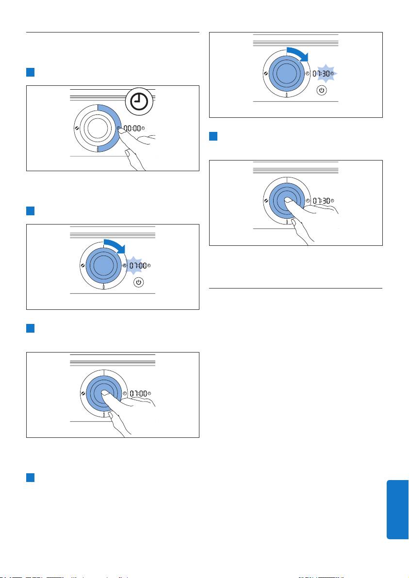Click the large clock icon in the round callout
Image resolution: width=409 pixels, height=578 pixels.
[139, 102]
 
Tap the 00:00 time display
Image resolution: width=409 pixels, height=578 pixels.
[132, 128]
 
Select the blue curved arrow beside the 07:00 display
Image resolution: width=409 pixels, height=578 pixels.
[115, 246]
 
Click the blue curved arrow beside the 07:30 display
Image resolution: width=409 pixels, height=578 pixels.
[297, 54]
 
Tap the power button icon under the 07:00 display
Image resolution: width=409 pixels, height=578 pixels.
[139, 282]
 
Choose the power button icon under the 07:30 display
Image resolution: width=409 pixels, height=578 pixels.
[322, 90]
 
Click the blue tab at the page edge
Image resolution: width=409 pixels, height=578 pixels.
[397, 510]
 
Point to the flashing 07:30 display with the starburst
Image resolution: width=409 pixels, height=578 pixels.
[323, 74]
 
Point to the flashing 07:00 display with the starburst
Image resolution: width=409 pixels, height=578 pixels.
[138, 265]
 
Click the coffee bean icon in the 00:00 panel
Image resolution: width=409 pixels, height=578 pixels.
[76, 128]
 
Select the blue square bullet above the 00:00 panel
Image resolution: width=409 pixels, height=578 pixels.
[30, 72]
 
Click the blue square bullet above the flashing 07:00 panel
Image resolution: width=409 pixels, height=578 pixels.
[30, 211]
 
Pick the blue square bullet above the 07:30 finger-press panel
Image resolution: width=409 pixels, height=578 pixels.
[213, 136]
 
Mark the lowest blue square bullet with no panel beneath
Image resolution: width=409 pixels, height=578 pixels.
[30, 477]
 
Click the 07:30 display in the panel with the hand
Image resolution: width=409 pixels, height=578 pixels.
[321, 201]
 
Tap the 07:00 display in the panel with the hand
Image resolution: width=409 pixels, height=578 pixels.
[138, 394]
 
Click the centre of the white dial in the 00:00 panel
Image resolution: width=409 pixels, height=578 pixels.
[98, 128]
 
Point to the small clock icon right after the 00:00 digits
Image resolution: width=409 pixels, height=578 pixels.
[143, 128]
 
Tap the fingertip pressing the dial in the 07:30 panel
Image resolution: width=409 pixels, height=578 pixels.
[288, 200]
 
